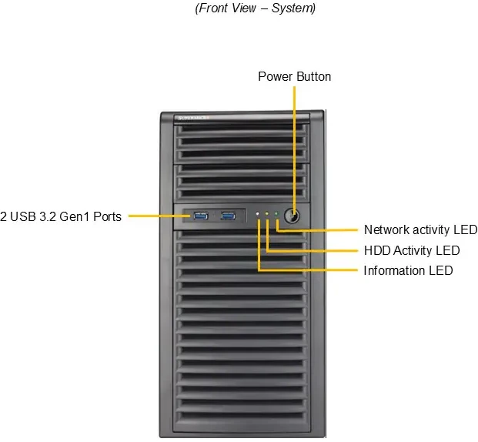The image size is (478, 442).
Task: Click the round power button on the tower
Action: click(x=293, y=215)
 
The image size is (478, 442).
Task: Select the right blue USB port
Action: click(x=229, y=216)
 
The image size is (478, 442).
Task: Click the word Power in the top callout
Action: click(x=274, y=76)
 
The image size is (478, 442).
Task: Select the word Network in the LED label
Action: click(x=386, y=229)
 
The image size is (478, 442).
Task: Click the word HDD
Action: click(x=376, y=250)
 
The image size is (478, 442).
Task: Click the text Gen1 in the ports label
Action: click(x=76, y=216)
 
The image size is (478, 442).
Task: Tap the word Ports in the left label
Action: click(x=107, y=216)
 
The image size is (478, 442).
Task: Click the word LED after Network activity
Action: click(x=466, y=229)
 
